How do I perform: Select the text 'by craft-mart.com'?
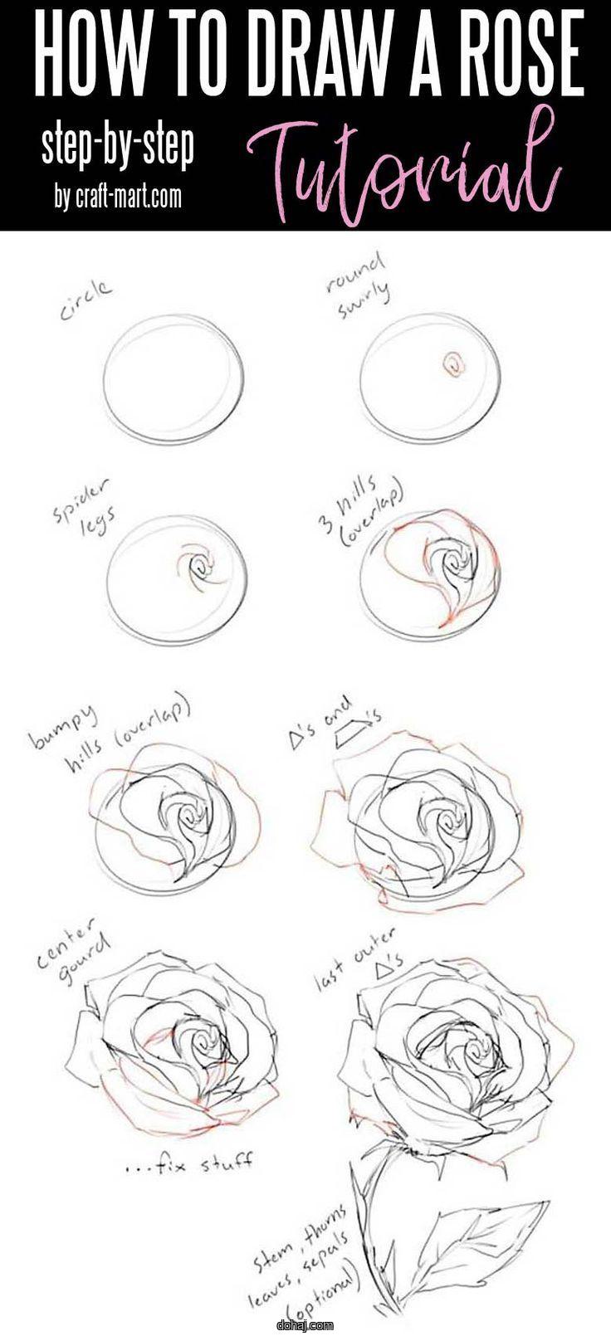(118, 197)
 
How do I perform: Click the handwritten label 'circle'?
(86, 300)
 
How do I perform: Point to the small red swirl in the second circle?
(452, 363)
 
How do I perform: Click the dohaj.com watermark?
(307, 1325)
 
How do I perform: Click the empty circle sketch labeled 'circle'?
(174, 378)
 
